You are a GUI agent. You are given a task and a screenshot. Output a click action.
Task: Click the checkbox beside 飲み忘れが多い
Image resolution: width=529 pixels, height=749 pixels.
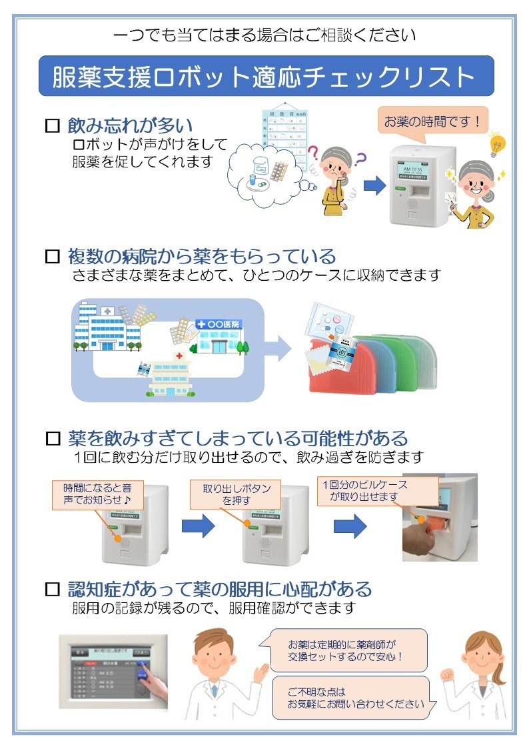tap(52, 125)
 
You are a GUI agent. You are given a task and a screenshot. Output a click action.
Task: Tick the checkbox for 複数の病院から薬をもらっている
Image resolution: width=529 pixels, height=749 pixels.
tap(52, 256)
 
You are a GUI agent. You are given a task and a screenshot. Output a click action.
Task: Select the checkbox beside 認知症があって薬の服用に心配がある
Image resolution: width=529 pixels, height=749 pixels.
tap(52, 590)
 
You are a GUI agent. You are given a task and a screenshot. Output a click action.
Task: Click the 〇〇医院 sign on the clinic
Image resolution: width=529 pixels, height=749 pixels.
tap(219, 324)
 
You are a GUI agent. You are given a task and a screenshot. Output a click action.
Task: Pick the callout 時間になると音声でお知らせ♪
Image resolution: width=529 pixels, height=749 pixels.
tap(97, 494)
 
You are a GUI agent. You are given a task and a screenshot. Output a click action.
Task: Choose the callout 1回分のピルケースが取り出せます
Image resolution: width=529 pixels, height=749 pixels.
tap(377, 491)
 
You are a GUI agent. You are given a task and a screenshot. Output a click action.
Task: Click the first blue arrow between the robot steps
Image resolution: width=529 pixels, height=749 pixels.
tap(199, 527)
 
